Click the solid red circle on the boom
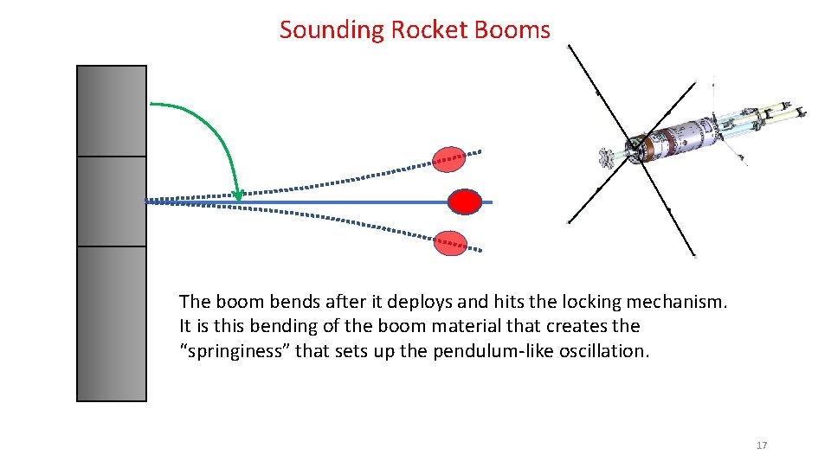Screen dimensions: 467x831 (x=465, y=202)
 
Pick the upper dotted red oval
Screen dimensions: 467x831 (x=449, y=159)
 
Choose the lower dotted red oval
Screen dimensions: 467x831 (x=449, y=244)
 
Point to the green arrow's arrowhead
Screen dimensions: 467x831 (x=239, y=195)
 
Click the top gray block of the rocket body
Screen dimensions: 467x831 (x=112, y=111)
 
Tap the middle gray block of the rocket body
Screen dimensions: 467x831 (x=112, y=202)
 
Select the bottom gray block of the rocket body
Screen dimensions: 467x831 (x=112, y=323)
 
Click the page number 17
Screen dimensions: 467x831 (x=762, y=445)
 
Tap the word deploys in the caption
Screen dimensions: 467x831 (x=421, y=302)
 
